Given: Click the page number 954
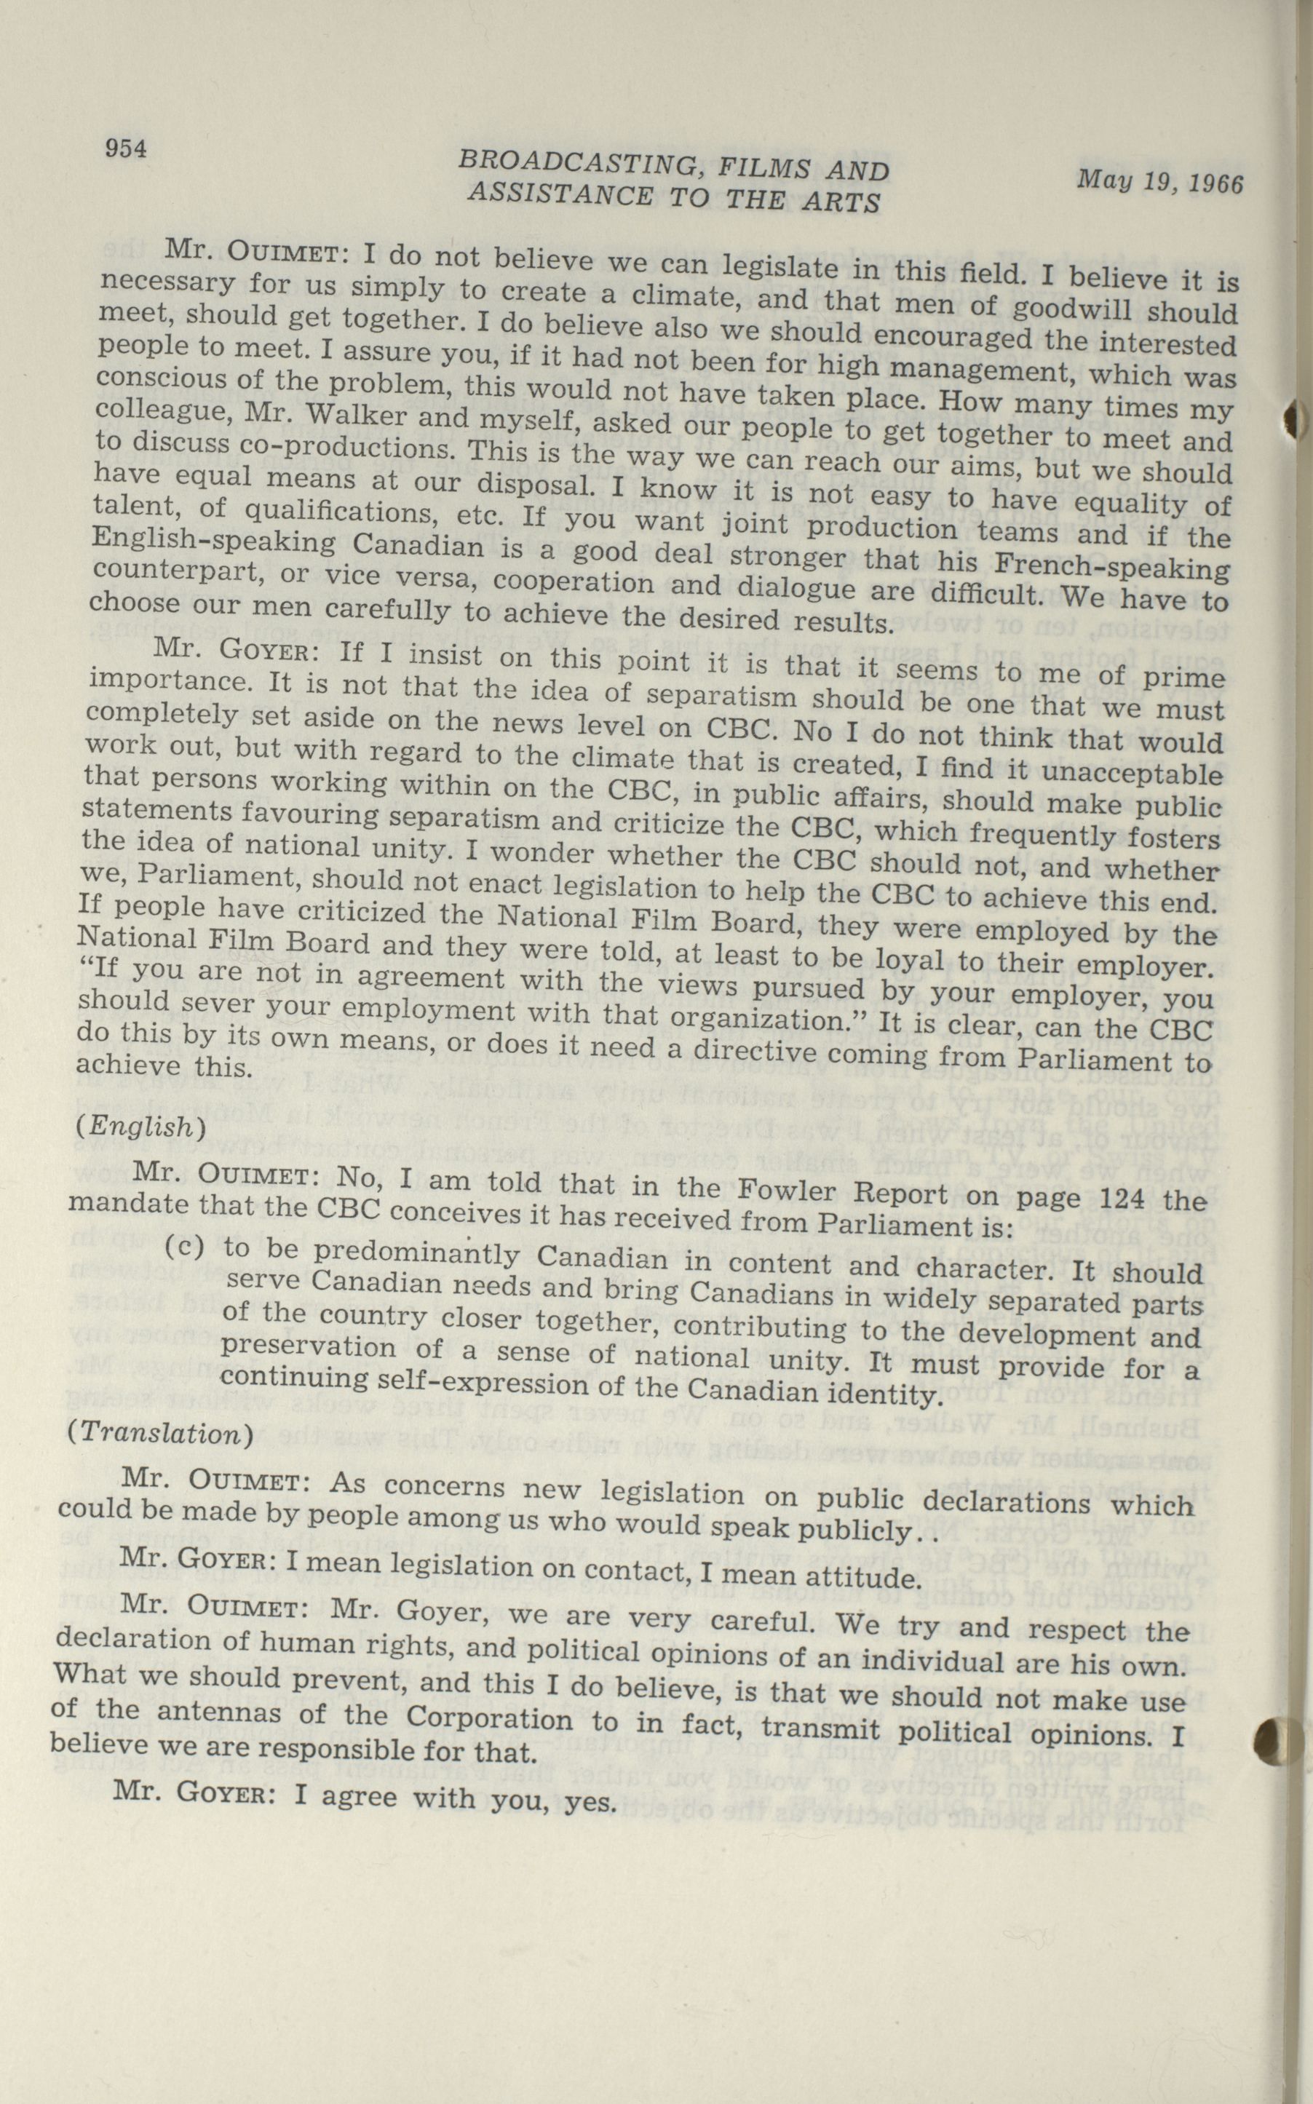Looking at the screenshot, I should click(x=126, y=148).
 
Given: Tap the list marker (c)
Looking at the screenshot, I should click(x=185, y=1246).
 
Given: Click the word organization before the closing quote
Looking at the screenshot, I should click(x=750, y=1016).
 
